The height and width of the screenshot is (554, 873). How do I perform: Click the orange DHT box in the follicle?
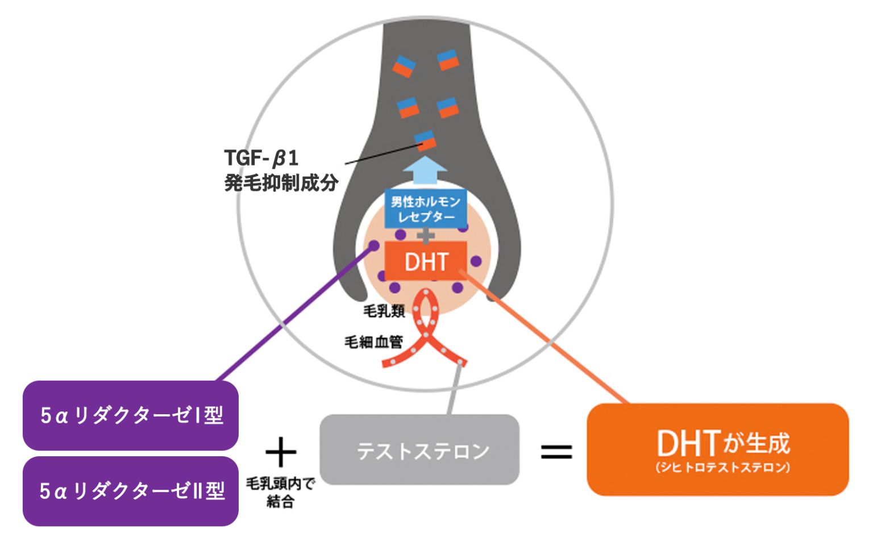426,261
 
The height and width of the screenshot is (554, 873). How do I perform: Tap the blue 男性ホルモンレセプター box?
426,209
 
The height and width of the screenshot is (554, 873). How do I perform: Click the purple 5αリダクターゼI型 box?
130,415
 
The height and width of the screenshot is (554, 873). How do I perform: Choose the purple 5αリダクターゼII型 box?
130,491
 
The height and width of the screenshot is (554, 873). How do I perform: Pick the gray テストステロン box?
419,450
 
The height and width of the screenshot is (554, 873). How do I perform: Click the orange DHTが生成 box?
717,449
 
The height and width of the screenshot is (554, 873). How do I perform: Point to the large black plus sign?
281,452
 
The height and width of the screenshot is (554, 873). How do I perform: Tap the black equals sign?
556,452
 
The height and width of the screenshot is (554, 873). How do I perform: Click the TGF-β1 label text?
261,158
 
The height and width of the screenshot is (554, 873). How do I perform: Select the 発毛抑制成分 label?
281,183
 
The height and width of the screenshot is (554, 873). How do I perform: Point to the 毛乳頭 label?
384,311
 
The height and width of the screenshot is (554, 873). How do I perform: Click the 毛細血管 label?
373,341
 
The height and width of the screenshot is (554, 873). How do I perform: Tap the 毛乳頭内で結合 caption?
280,492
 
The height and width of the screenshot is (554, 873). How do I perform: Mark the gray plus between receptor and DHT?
426,235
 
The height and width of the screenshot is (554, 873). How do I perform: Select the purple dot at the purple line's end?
373,246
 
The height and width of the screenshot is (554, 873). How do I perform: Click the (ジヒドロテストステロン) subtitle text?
722,468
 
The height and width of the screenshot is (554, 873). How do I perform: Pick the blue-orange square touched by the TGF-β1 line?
425,140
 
